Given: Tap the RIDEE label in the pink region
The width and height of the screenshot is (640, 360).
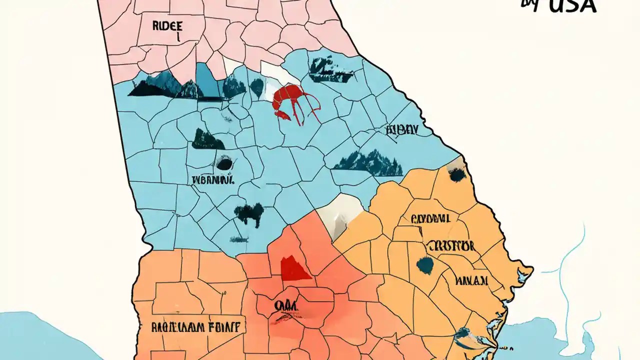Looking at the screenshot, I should click(x=161, y=26).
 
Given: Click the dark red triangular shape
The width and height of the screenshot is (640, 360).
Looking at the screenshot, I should click(x=295, y=268).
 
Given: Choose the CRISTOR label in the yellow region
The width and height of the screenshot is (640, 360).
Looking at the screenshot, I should click(x=450, y=245).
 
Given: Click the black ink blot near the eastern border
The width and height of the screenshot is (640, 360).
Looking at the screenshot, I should click(x=456, y=174).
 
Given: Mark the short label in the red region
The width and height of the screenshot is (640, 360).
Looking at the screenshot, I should click(x=283, y=305).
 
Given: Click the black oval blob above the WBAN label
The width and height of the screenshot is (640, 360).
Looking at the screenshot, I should click(x=224, y=162).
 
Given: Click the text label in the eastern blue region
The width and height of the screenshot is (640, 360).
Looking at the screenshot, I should click(x=401, y=130).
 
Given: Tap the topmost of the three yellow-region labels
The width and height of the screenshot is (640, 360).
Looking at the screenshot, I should click(x=430, y=218).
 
